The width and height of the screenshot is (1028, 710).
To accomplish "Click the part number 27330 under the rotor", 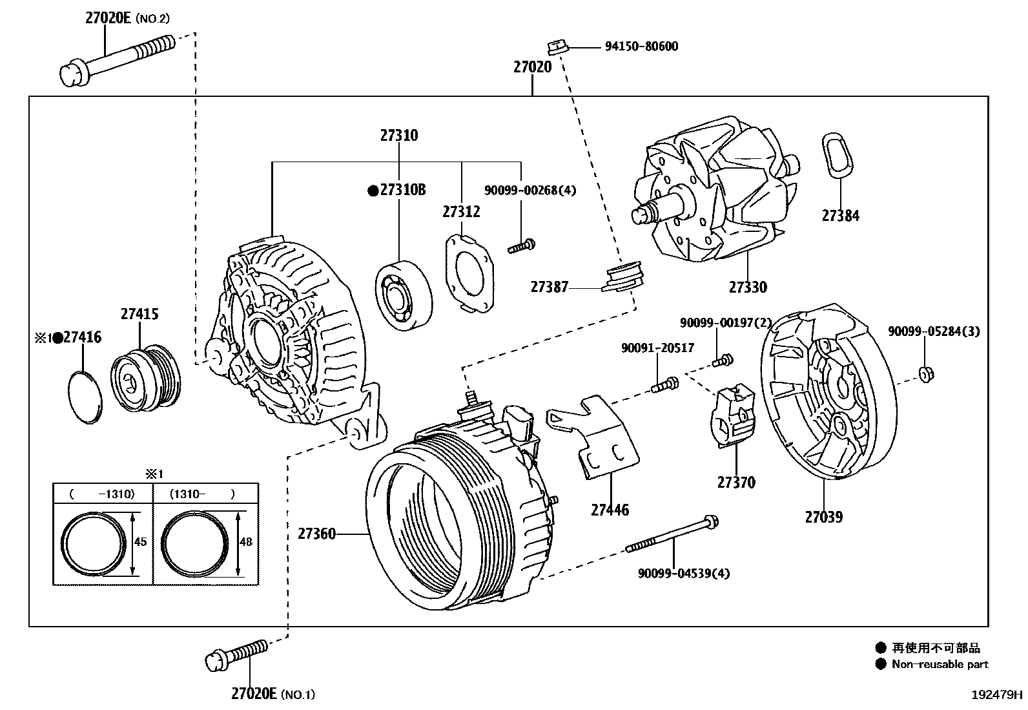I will click(x=748, y=287).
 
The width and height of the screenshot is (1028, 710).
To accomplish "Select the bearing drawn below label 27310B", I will click(x=404, y=295).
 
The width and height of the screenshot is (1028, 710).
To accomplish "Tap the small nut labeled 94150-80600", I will click(x=556, y=47).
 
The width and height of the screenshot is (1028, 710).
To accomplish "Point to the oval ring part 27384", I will click(x=838, y=154).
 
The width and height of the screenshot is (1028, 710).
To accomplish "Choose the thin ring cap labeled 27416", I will click(x=85, y=397).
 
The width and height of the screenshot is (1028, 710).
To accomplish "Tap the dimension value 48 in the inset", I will click(x=245, y=542).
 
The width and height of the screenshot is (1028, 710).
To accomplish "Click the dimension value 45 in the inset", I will click(x=140, y=542).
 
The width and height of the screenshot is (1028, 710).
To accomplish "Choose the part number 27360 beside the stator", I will click(x=316, y=534).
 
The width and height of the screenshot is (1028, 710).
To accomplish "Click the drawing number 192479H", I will click(x=998, y=696).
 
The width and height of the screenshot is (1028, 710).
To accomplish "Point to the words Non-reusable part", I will click(x=939, y=664).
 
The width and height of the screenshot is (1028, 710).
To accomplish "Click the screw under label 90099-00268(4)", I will click(x=521, y=246).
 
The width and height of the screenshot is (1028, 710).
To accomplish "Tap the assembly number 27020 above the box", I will click(x=533, y=67).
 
